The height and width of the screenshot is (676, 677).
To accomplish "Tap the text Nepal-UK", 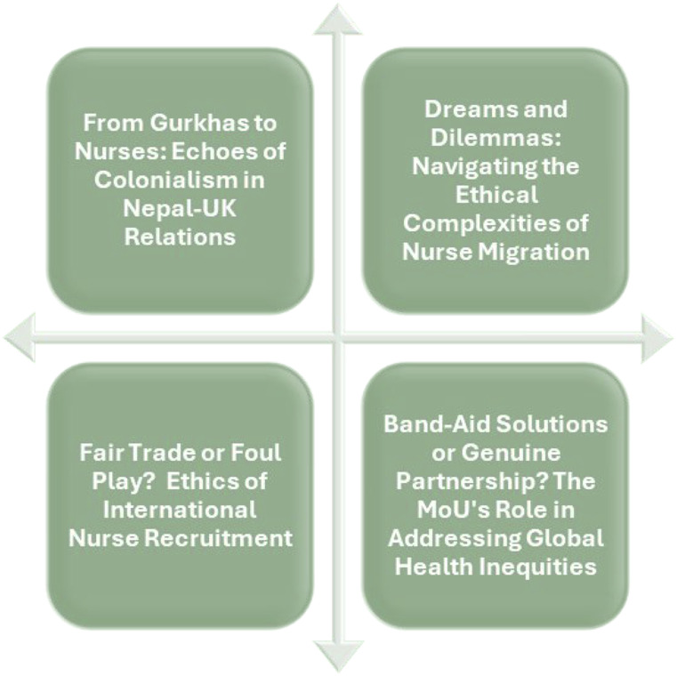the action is [x=180, y=209].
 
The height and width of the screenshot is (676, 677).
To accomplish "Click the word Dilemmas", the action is [x=496, y=138].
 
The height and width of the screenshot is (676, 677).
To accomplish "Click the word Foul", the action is [x=255, y=453].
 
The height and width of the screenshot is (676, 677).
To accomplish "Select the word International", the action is [x=180, y=510].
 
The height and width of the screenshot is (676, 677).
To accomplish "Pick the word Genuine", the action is [x=512, y=453].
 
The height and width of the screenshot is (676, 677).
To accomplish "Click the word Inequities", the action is [x=538, y=567].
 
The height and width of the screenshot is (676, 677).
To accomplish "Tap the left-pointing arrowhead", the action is [x=20, y=338].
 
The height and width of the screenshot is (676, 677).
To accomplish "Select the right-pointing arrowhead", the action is [x=657, y=338].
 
